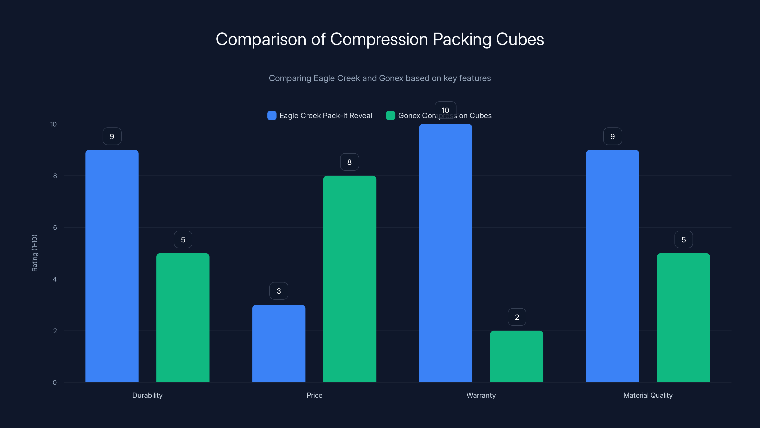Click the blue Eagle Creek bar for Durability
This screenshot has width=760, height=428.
pyautogui.click(x=112, y=266)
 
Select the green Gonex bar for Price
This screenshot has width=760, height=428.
pyautogui.click(x=350, y=279)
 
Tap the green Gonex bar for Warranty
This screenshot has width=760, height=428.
pyautogui.click(x=517, y=356)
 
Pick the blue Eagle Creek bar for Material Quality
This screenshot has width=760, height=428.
pyautogui.click(x=613, y=266)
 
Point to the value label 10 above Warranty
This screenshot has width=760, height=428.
pyautogui.click(x=446, y=110)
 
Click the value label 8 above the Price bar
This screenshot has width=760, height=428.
pyautogui.click(x=349, y=162)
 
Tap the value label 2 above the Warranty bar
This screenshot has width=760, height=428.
pyautogui.click(x=517, y=317)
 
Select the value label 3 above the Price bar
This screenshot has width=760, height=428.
pyautogui.click(x=279, y=291)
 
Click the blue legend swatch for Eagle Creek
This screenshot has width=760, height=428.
pyautogui.click(x=272, y=116)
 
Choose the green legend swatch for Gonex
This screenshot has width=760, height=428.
pyautogui.click(x=390, y=116)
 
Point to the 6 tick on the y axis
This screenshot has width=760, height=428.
pyautogui.click(x=55, y=228)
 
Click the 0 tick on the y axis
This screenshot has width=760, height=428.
pyautogui.click(x=55, y=383)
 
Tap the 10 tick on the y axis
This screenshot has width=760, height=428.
pyautogui.click(x=53, y=124)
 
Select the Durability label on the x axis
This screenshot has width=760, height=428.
pyautogui.click(x=147, y=395)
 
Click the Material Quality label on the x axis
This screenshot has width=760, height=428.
pyautogui.click(x=648, y=395)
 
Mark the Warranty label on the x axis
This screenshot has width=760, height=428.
pyautogui.click(x=481, y=395)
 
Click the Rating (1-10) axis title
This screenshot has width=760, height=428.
pyautogui.click(x=34, y=253)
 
